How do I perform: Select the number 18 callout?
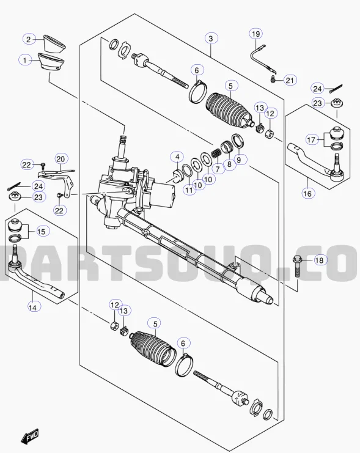(x=320, y=260)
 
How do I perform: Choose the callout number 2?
(x=28, y=40)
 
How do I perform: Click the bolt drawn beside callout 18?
(x=297, y=267)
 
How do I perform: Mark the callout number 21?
(x=290, y=80)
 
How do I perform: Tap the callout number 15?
(x=41, y=231)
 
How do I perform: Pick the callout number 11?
(x=189, y=190)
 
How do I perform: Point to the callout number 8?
(x=229, y=164)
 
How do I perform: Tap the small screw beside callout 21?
(x=273, y=79)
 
